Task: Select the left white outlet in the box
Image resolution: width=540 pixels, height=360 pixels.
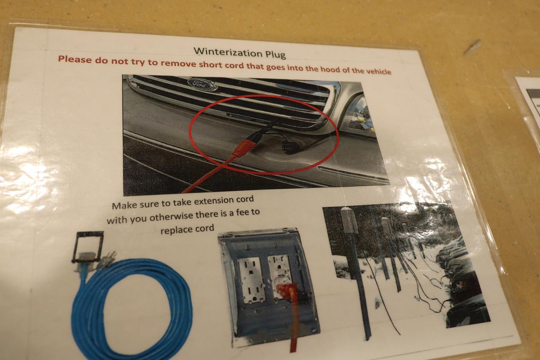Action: point(252,280)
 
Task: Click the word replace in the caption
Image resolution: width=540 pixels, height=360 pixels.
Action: point(175,230)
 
